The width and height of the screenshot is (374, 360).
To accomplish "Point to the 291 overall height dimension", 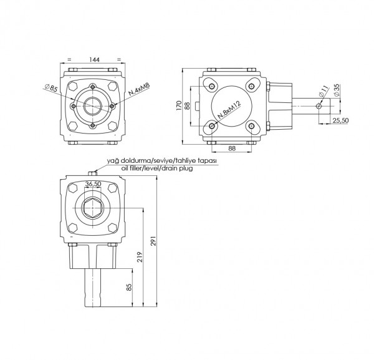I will point(155,238).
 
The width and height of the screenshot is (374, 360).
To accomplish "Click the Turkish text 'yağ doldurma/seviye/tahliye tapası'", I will point(161,161).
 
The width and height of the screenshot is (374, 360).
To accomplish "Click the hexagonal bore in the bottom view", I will point(93,209).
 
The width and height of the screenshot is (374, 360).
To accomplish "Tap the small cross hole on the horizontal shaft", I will point(319,107).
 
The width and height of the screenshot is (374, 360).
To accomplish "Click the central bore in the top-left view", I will point(93,106).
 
